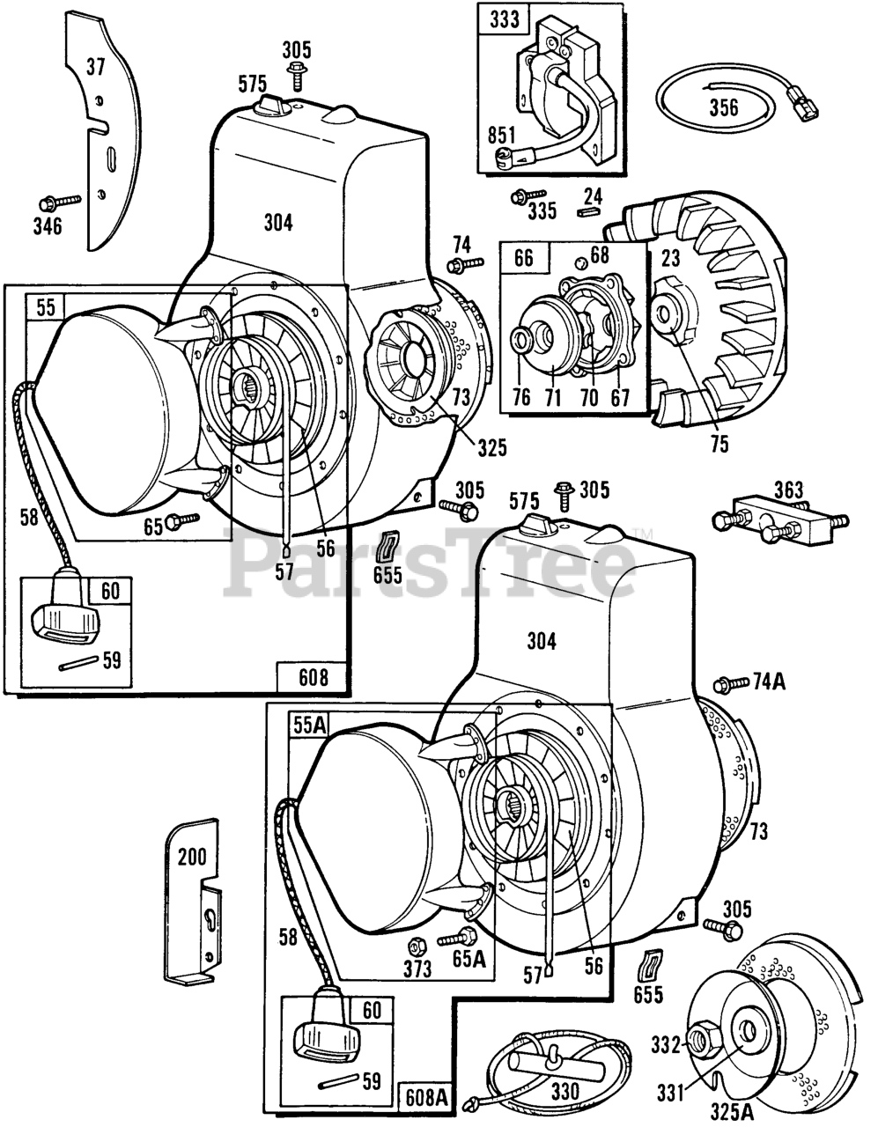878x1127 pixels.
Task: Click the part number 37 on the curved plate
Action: pyautogui.click(x=95, y=66)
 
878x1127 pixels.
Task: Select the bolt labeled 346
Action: pyautogui.click(x=60, y=203)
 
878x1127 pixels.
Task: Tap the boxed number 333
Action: pyautogui.click(x=504, y=19)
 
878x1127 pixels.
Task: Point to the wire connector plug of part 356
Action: pyautogui.click(x=801, y=101)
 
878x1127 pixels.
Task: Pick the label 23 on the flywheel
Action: pyautogui.click(x=670, y=258)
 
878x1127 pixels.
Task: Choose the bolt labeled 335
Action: pyautogui.click(x=528, y=196)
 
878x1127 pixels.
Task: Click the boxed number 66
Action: pyautogui.click(x=523, y=258)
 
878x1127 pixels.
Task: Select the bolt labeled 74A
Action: pyautogui.click(x=731, y=684)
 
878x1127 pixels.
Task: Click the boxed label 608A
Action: pyautogui.click(x=427, y=1099)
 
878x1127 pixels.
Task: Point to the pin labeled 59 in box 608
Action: pyautogui.click(x=78, y=663)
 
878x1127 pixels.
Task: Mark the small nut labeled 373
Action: pyautogui.click(x=417, y=947)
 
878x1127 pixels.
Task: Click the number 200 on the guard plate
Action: pyautogui.click(x=192, y=857)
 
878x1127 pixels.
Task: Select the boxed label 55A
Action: pyautogui.click(x=310, y=726)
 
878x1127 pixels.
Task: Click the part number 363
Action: pyautogui.click(x=788, y=490)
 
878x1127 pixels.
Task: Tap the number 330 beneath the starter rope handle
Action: pyautogui.click(x=565, y=1093)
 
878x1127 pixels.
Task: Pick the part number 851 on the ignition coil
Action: pyautogui.click(x=501, y=136)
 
